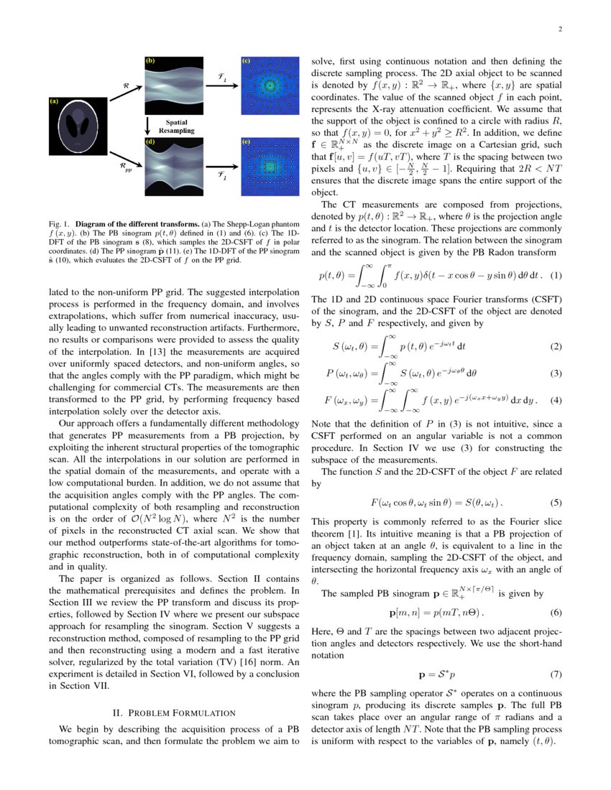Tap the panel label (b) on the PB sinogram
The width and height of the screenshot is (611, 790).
[150, 62]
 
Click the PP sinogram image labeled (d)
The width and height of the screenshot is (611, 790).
[176, 165]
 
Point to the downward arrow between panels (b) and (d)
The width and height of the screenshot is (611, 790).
[147, 126]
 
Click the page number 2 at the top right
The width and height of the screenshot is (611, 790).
[559, 29]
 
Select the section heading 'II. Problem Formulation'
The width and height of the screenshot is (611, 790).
[175, 712]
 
